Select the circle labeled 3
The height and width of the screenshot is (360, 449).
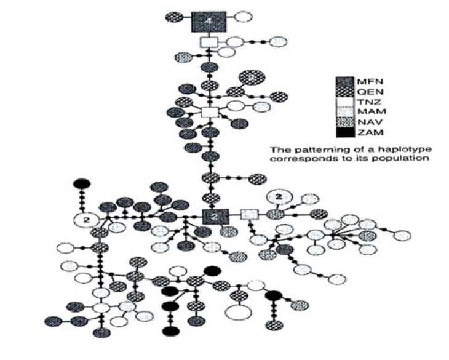tap(251, 78)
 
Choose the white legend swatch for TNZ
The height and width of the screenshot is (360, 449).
tap(344, 103)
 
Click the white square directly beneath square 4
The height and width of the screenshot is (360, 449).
tap(209, 42)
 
